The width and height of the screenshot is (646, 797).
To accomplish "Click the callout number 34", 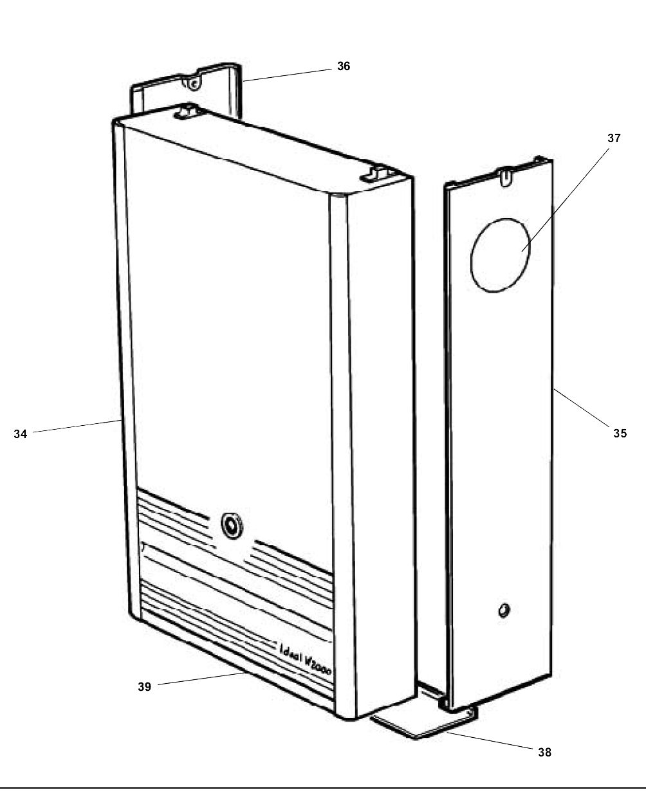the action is pos(21,434).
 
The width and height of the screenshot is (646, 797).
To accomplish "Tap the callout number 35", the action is pos(620,434).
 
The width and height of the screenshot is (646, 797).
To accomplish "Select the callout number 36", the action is pos(344,66).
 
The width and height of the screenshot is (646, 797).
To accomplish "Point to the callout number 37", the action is pos(614,138).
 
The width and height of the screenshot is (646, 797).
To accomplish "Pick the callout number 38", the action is pos(544,752).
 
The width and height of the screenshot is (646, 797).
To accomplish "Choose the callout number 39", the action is pos(144,687).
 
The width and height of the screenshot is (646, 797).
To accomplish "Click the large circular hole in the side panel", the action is pos(502,255).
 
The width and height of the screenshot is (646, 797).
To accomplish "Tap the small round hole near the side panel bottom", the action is pos(504,609).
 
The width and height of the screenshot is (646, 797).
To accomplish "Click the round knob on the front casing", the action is pos(230,524).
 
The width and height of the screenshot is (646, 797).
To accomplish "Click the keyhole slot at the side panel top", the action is pos(507,174).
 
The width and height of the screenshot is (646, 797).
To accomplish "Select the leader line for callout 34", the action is pos(77,426).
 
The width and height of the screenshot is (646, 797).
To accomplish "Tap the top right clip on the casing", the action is pos(378,173).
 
